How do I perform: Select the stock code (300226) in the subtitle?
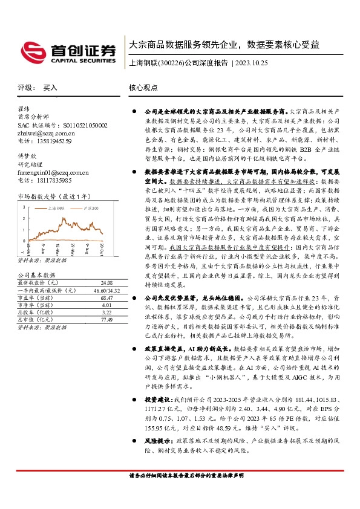(x=170, y=62)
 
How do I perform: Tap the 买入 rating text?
(x=51, y=88)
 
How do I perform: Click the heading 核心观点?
(x=143, y=88)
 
